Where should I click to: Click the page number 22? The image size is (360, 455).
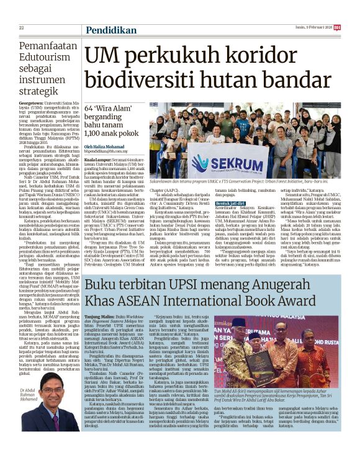coord(21,28)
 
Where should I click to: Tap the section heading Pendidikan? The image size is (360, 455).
coord(111,29)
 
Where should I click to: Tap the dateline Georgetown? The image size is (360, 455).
coord(31,102)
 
